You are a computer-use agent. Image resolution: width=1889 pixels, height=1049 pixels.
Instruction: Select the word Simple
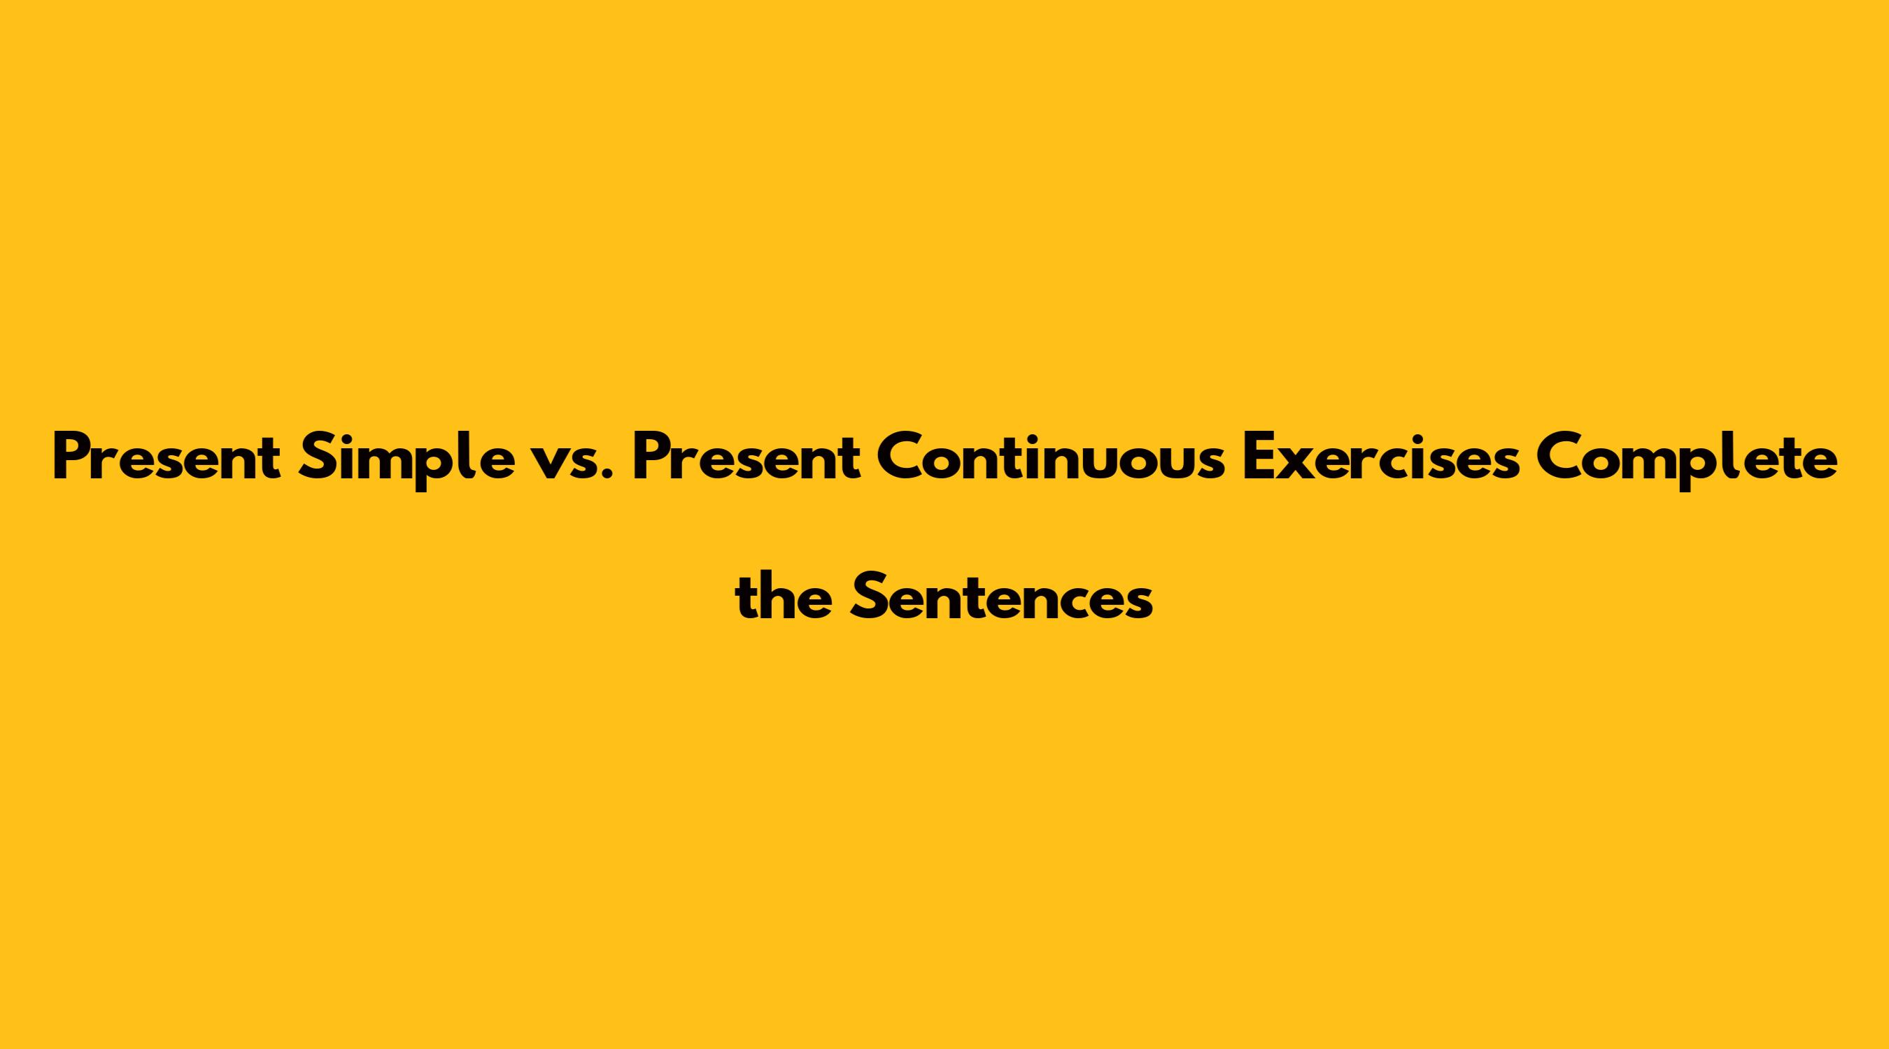[407, 460]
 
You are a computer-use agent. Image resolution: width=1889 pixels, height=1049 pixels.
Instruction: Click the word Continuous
[1052, 457]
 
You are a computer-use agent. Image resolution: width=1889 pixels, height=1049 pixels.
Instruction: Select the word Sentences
[1001, 595]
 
